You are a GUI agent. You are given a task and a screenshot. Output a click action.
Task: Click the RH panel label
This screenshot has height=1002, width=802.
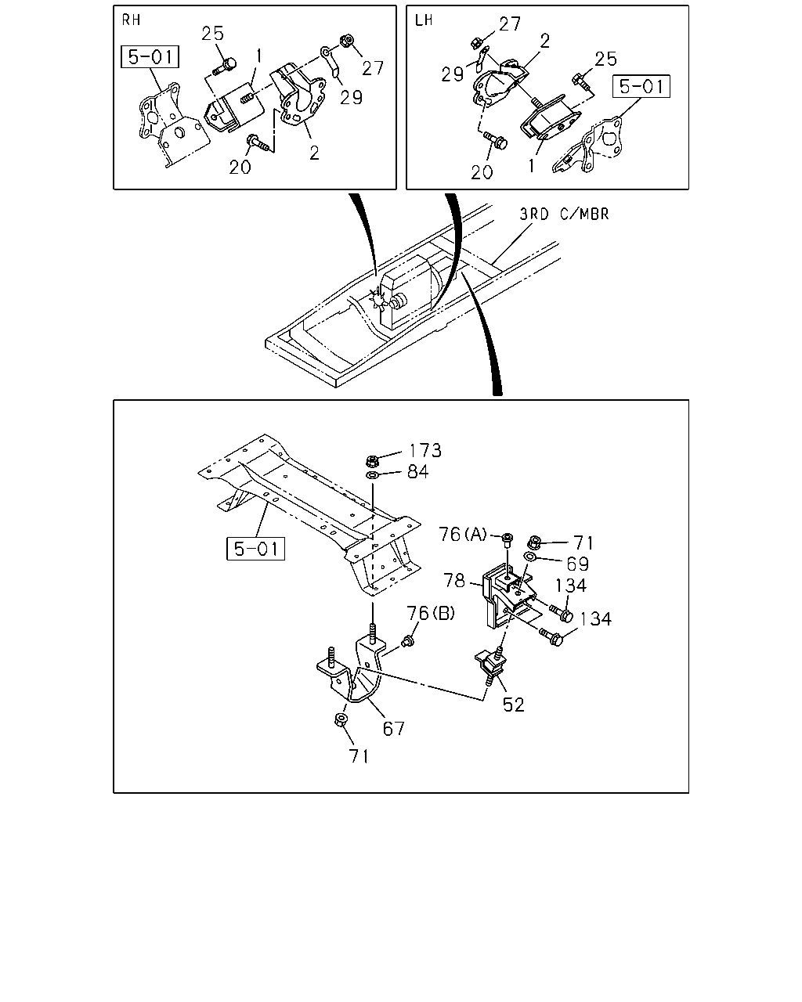click(x=131, y=20)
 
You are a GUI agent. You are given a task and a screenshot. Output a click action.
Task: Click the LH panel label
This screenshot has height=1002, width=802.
click(x=424, y=20)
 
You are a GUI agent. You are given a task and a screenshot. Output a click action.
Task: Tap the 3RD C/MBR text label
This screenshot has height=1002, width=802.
click(x=564, y=214)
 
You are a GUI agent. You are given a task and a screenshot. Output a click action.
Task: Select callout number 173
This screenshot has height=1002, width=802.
click(x=425, y=450)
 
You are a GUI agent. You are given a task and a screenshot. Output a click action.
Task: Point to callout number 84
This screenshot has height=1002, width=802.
click(x=417, y=472)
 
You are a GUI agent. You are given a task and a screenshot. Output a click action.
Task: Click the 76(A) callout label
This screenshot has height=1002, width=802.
click(x=463, y=534)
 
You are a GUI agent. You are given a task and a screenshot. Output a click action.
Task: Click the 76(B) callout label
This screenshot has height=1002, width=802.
click(x=431, y=613)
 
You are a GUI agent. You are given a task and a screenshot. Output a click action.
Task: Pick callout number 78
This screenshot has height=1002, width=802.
click(x=454, y=580)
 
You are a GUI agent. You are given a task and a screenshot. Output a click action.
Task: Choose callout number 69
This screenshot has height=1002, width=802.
click(x=578, y=564)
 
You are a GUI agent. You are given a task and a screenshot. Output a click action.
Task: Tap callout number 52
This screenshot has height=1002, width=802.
click(x=514, y=705)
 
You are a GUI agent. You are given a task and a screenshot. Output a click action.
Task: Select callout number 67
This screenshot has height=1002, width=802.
click(x=394, y=729)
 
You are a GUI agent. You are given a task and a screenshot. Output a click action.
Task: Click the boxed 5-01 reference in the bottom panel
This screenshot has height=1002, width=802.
click(x=255, y=549)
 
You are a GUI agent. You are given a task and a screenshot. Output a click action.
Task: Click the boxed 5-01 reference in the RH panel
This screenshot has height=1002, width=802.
click(x=150, y=57)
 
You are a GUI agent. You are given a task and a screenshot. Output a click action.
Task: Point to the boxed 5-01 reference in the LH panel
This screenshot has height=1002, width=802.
click(x=641, y=86)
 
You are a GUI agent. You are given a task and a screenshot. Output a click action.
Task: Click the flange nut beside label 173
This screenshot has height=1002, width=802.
click(x=372, y=461)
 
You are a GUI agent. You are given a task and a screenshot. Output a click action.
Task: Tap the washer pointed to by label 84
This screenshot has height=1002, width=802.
click(x=372, y=476)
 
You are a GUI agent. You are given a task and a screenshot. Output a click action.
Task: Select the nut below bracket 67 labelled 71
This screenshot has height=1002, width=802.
click(x=341, y=719)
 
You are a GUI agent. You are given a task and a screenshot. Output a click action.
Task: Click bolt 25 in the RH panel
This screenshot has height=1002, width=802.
click(x=225, y=66)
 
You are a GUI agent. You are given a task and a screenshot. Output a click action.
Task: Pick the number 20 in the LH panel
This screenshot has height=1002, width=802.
click(x=482, y=172)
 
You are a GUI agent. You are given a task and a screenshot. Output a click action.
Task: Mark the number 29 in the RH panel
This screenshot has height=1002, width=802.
click(x=351, y=97)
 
